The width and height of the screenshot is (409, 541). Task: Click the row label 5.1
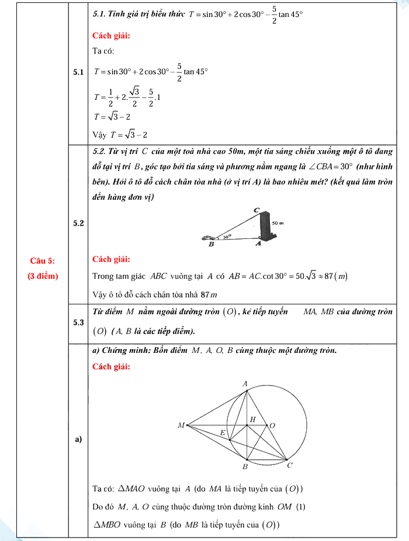tap(78, 73)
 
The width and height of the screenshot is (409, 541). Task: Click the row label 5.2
tap(78, 223)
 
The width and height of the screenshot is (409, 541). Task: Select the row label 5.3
tap(78, 322)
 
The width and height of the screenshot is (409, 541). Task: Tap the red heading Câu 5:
tap(43, 260)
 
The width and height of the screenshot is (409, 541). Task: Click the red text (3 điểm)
tap(43, 276)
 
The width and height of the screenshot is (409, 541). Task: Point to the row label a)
tap(78, 439)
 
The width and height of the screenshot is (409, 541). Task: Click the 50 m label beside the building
tap(278, 223)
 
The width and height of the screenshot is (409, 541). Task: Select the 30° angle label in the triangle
tap(227, 237)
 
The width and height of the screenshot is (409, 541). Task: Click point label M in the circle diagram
tap(181, 425)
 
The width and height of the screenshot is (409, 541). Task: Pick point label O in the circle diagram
tap(272, 425)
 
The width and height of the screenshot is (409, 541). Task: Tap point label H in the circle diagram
tap(253, 419)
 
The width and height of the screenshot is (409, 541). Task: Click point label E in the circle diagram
tap(222, 432)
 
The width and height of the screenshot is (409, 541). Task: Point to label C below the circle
tap(290, 465)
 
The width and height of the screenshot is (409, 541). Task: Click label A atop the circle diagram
tap(245, 383)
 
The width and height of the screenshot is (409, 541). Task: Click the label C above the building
tap(257, 210)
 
